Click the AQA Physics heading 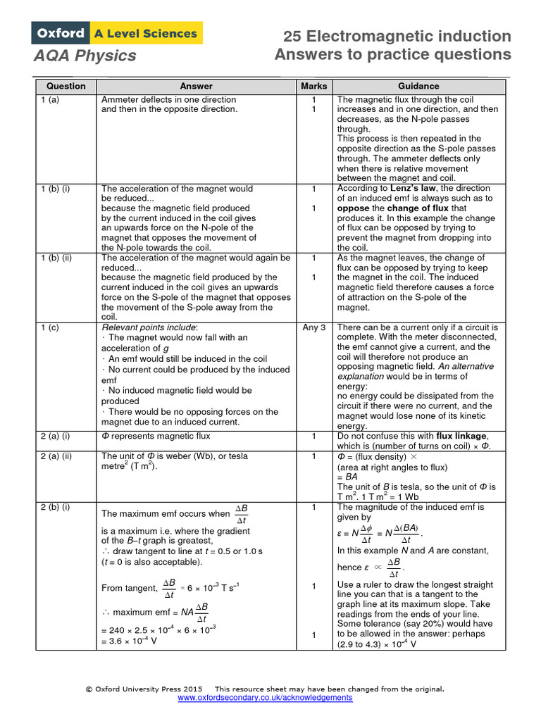click(x=85, y=55)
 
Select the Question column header click(x=66, y=86)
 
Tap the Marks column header click(x=313, y=86)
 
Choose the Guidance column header click(x=418, y=86)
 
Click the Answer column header click(x=196, y=86)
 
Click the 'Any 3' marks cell click(x=313, y=327)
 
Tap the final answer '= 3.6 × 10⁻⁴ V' click(x=129, y=641)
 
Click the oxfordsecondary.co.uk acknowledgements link click(x=265, y=698)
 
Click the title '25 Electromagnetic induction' click(x=397, y=36)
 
